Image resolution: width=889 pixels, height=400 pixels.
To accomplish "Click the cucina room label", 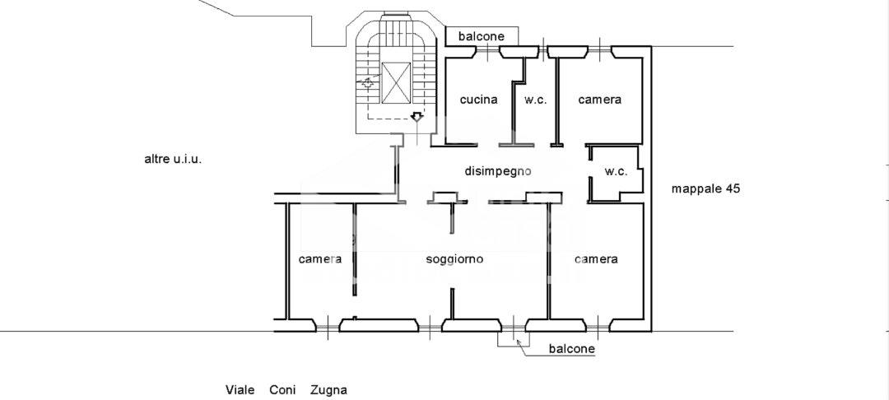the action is tap(478, 100).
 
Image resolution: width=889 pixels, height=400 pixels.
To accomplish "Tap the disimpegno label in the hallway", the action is tap(498, 170).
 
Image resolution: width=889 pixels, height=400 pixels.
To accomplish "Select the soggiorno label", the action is tap(454, 259).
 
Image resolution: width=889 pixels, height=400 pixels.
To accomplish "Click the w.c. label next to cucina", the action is tap(535, 100).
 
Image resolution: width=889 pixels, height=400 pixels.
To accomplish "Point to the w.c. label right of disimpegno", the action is tap(616, 172).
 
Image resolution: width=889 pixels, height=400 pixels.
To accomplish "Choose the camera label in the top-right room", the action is tap(599, 100).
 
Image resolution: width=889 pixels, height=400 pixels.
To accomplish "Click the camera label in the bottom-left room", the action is tap(320, 259).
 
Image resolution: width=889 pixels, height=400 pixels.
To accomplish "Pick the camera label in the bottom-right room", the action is tap(596, 259).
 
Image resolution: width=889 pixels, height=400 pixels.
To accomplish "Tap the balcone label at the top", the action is tap(482, 37).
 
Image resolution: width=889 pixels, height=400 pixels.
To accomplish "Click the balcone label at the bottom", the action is tap(572, 348).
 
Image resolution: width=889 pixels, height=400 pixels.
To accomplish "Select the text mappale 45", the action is tap(706, 189).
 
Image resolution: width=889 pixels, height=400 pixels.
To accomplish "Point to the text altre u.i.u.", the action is tap(174, 159).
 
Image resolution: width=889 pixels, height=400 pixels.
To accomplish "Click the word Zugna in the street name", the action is tap(328, 390).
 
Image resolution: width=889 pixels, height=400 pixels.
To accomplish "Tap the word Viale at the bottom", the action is tap(240, 390).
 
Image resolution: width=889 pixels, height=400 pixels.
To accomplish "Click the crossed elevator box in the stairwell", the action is tap(396, 83).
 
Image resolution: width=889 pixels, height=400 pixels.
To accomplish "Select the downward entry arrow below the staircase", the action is tap(417, 117).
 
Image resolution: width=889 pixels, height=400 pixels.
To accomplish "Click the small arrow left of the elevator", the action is tap(367, 83).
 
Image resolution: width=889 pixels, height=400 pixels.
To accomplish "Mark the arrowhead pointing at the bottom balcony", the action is tap(519, 342).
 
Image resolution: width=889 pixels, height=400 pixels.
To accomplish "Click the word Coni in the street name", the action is tap(282, 390).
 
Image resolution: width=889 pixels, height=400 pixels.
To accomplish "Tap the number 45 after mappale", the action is tap(733, 189).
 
